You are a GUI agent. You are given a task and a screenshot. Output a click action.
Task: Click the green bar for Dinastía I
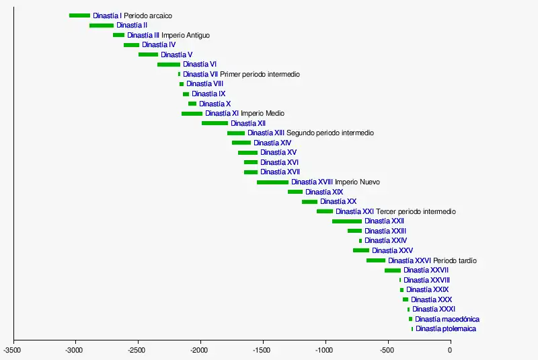[79, 15]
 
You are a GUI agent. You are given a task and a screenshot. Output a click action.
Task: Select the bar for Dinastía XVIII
[272, 182]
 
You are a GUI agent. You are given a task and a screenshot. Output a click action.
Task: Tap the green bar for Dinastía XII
[215, 123]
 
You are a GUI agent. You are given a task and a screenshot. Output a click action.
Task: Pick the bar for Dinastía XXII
[347, 221]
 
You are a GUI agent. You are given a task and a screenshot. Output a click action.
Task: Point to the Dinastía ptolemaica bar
[412, 329]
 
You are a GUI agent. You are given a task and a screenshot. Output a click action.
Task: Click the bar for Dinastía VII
[179, 74]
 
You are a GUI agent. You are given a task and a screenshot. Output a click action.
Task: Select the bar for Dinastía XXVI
[376, 260]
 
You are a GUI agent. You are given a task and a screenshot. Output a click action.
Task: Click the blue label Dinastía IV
[159, 45]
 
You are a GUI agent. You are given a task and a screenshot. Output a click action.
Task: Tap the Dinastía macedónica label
[447, 319]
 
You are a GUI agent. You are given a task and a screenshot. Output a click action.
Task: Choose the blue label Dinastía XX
[338, 202]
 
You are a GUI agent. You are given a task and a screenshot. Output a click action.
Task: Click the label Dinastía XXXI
[434, 310]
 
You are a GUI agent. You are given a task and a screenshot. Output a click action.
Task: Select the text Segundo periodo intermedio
[330, 133]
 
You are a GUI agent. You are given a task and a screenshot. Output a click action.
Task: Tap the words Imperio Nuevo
[357, 182]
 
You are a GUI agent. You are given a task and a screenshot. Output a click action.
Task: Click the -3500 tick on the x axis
[12, 351]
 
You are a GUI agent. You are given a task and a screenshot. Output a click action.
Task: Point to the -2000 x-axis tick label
[200, 351]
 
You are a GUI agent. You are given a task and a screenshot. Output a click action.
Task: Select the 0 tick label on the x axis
[450, 351]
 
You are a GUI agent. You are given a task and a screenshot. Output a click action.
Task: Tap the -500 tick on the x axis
[387, 351]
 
